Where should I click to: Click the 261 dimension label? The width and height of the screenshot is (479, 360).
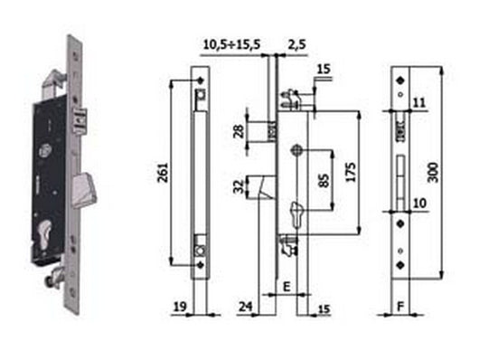tap(162, 174)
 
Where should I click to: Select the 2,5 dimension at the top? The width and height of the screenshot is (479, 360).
tap(296, 42)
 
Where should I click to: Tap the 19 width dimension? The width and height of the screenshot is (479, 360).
tap(179, 306)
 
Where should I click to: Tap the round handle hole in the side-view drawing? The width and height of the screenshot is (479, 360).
tap(296, 151)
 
